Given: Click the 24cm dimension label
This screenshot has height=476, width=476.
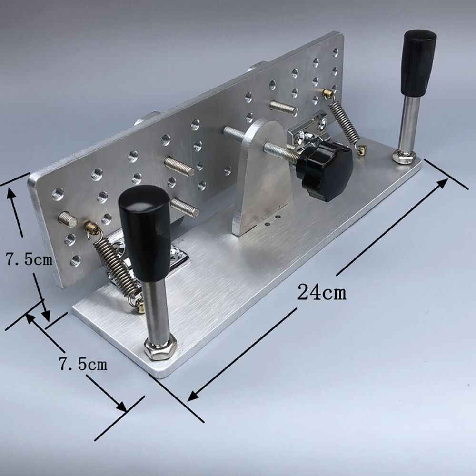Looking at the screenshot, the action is (x=322, y=293).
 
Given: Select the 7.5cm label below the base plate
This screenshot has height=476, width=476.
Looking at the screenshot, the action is (x=83, y=364).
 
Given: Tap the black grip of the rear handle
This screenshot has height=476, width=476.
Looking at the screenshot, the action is (x=419, y=62).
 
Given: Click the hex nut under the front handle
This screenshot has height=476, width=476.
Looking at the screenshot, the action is (x=159, y=347).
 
